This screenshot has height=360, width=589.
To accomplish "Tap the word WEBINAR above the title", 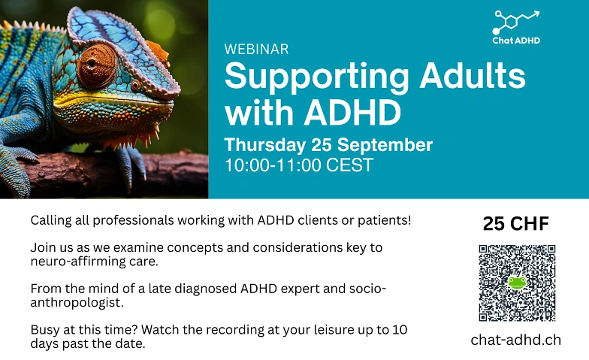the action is (x=257, y=50).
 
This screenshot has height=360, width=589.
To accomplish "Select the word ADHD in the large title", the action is (x=352, y=112).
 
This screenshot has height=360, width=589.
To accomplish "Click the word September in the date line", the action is (x=385, y=146).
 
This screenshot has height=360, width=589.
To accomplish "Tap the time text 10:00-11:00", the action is (x=272, y=165).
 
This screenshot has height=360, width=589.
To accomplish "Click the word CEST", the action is (x=349, y=165).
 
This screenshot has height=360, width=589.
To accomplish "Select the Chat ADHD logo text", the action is (x=516, y=41).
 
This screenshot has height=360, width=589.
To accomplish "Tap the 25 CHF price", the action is (x=515, y=224).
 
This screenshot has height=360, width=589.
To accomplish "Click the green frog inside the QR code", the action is (x=517, y=283).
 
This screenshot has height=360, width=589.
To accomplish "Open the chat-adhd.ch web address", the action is (x=515, y=340).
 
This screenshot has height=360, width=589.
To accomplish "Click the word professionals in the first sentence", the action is (x=134, y=221).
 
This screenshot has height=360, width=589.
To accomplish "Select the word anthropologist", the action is (x=77, y=302).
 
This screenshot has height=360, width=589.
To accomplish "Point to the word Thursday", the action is (x=265, y=146).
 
